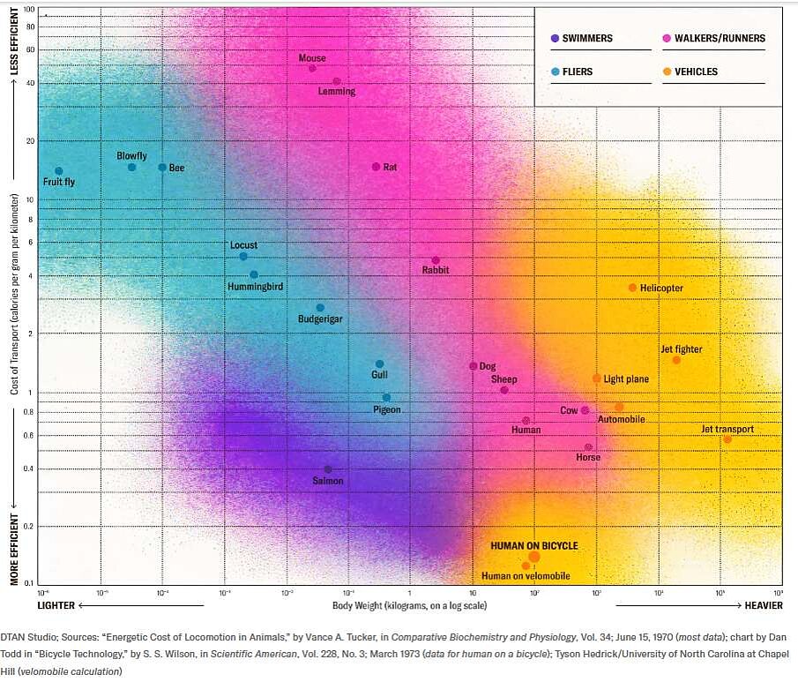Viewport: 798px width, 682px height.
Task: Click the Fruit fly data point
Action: tap(59, 171)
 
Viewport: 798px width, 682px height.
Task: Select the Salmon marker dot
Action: tap(328, 469)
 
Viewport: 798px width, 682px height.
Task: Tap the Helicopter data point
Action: tap(632, 288)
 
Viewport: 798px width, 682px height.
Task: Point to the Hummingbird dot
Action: tap(254, 274)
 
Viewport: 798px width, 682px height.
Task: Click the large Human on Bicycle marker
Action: tap(534, 557)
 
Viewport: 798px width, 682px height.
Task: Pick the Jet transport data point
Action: tap(727, 439)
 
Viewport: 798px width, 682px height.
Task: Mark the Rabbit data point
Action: tap(436, 260)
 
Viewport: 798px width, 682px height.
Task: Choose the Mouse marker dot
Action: tap(312, 68)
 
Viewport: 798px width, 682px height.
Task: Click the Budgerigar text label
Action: tap(320, 319)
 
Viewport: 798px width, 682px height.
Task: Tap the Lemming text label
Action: tap(337, 91)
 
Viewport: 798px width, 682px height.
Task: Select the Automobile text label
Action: tap(621, 420)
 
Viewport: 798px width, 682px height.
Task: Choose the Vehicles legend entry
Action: tap(696, 71)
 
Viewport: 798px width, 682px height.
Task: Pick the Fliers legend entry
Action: tap(577, 71)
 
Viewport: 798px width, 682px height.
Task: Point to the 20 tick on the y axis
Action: tap(29, 141)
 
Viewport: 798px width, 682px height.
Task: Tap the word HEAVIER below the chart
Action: tap(763, 605)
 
